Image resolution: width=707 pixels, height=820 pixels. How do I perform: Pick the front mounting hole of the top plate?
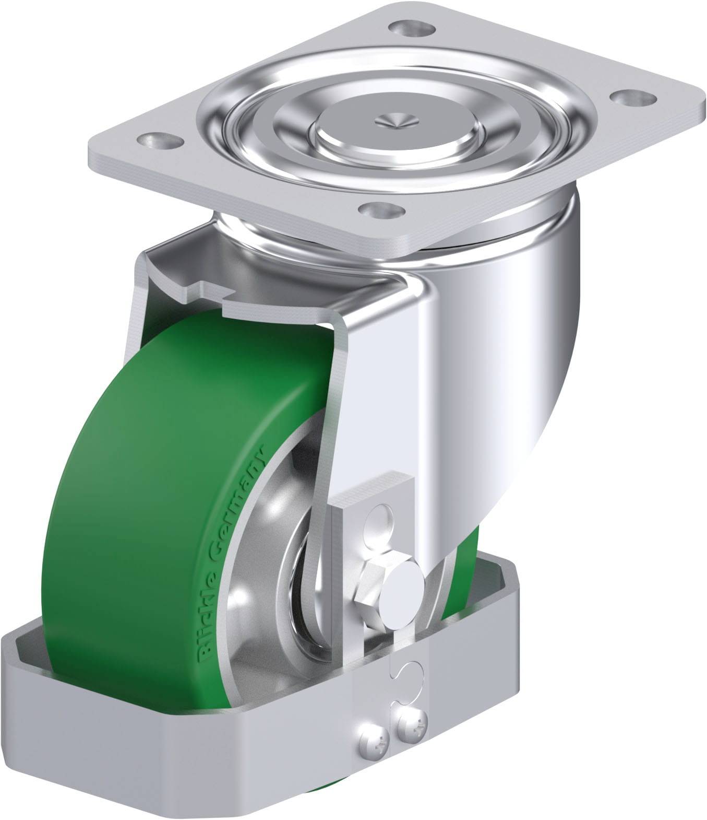(x=384, y=212)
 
